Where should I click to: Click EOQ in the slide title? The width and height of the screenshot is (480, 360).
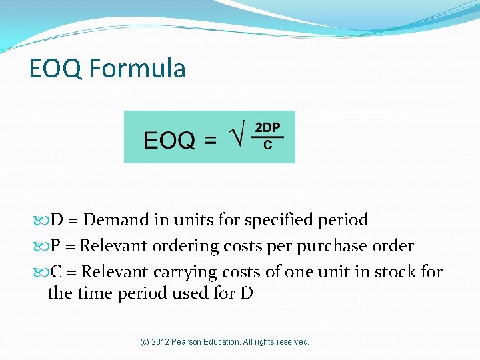tap(56, 68)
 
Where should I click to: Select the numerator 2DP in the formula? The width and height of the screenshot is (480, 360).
tap(268, 127)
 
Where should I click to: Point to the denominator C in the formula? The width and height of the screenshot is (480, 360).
tap(268, 145)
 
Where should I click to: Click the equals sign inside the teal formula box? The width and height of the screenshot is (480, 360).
tap(210, 141)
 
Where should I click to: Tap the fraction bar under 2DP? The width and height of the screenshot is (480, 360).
tap(268, 137)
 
